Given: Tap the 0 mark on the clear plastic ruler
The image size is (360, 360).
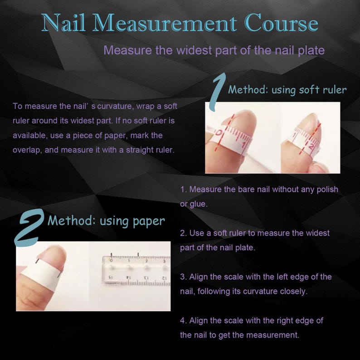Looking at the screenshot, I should point(112,261).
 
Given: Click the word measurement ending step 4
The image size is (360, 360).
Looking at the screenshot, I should point(272,335).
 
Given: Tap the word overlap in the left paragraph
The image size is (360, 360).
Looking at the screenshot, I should point(26,150).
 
